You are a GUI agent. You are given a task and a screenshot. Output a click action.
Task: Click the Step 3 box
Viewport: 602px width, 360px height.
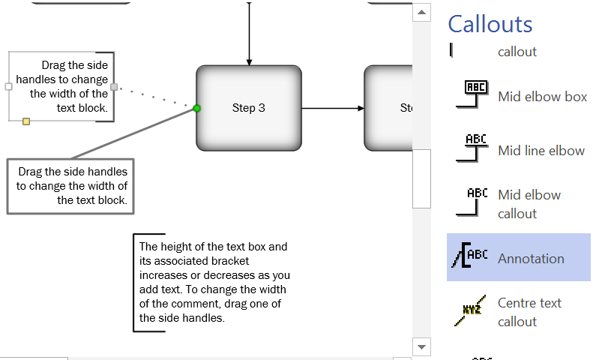point(249,108)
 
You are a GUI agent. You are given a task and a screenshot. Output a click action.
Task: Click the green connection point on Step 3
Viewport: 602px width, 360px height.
point(197,109)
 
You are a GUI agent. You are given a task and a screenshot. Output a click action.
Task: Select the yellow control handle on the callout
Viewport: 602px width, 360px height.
point(26,121)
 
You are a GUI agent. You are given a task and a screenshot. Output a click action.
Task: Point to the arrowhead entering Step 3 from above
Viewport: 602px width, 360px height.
point(249,61)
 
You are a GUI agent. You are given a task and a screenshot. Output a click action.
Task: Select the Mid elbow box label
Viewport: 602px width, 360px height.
point(542,97)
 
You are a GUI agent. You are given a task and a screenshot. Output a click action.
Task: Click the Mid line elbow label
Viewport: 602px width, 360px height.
point(541,150)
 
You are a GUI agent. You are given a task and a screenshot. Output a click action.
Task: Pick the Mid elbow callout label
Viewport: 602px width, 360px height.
point(529,204)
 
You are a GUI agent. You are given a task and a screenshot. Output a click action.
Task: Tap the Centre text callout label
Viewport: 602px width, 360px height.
point(529,312)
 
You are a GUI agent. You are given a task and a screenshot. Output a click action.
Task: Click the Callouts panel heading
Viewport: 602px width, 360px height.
point(490,24)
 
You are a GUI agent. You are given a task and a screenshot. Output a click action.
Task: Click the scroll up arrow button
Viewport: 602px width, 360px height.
point(422,12)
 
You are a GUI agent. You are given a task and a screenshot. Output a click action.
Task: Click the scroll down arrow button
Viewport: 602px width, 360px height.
point(422,346)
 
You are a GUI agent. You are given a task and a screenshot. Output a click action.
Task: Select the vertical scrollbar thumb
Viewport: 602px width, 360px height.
point(422,178)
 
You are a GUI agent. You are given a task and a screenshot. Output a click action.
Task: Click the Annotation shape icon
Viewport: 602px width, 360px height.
point(470,257)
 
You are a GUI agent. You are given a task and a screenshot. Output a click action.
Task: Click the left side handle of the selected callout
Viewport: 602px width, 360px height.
point(9,87)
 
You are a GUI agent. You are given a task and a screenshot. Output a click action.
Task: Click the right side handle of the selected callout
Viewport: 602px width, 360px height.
point(114,87)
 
